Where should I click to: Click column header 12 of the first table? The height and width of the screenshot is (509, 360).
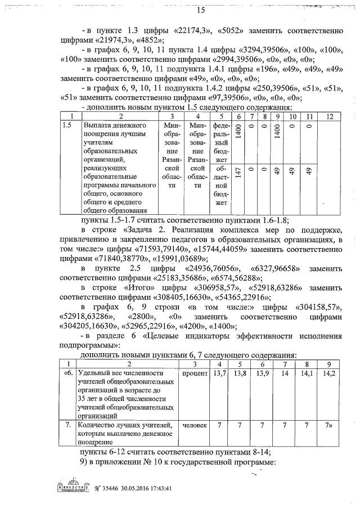coord(330,115)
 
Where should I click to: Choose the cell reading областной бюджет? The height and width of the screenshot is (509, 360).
coord(221,185)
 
